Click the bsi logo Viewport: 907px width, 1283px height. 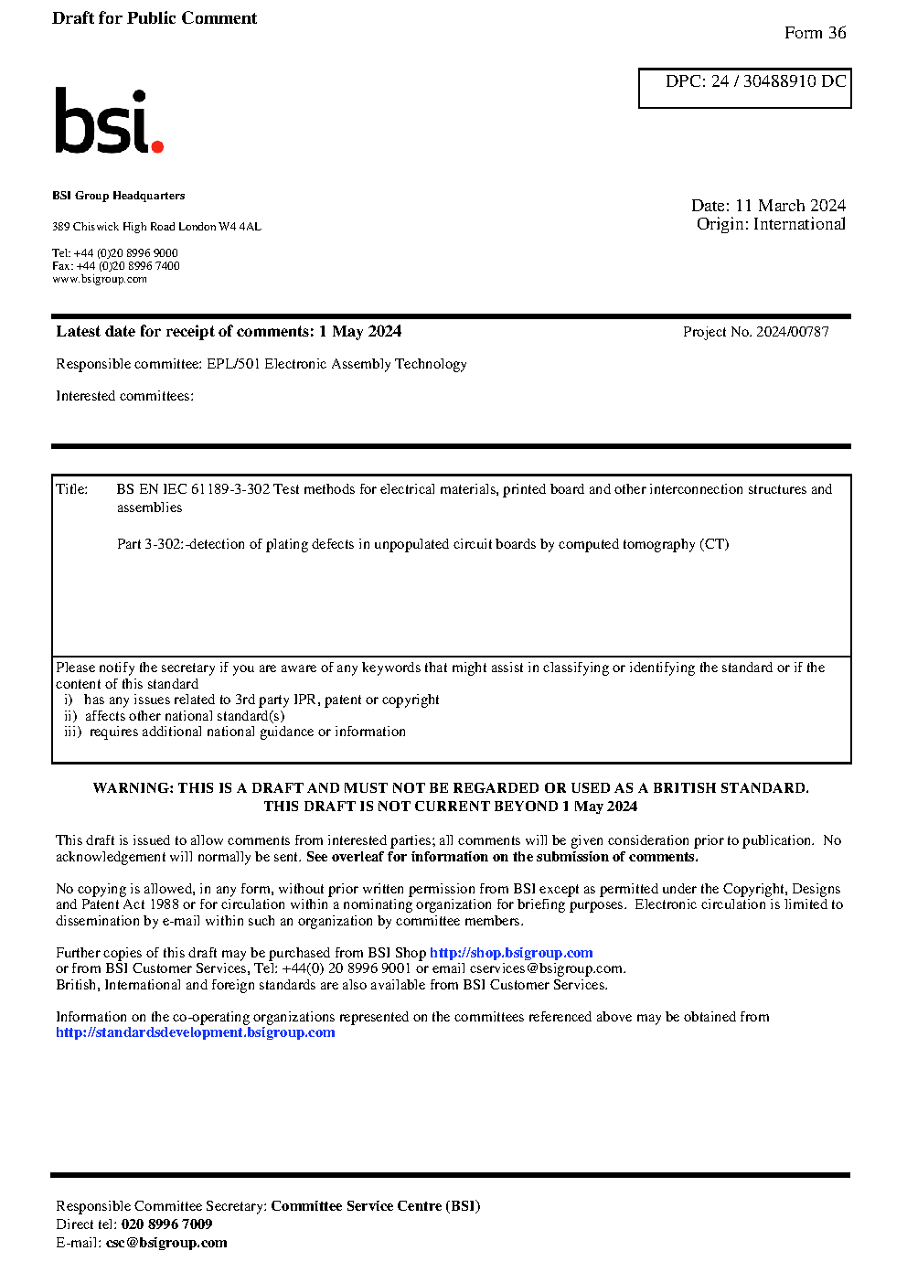click(108, 121)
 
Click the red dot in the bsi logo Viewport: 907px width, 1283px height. click(157, 145)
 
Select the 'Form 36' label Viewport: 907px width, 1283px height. click(815, 33)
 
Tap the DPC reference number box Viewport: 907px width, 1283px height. click(744, 88)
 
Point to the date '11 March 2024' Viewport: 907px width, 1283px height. click(790, 206)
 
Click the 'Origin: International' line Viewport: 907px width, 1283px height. click(771, 224)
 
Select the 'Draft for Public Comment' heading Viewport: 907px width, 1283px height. click(155, 18)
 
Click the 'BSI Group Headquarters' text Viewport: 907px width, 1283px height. click(118, 196)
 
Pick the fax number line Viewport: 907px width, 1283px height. click(116, 266)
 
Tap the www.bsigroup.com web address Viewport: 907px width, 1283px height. click(100, 279)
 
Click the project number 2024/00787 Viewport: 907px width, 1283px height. click(792, 332)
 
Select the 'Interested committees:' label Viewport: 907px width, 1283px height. click(124, 396)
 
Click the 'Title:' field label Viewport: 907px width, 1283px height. click(72, 489)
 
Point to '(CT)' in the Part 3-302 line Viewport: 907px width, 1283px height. click(714, 544)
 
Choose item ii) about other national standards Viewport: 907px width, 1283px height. click(175, 716)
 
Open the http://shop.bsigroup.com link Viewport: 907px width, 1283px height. click(511, 953)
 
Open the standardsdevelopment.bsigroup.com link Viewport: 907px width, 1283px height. click(195, 1032)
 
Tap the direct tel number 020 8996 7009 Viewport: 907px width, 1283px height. click(166, 1224)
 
